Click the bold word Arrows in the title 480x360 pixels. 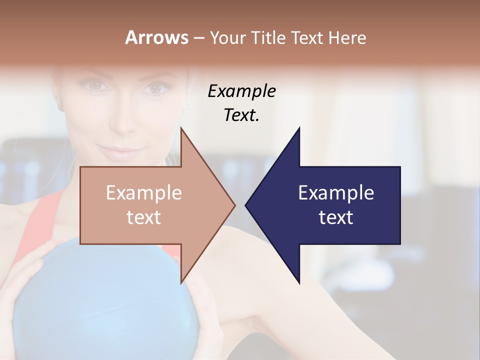(156, 37)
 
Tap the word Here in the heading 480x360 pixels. (346, 37)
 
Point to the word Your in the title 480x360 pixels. (227, 37)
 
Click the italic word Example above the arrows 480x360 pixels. (241, 91)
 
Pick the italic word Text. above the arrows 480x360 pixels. (241, 115)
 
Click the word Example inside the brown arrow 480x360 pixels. (144, 192)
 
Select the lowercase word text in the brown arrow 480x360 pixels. (144, 217)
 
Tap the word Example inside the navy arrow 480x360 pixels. (336, 192)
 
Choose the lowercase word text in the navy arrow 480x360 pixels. (336, 217)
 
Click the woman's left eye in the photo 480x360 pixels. (156, 88)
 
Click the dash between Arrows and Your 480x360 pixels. (198, 38)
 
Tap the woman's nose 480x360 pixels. (120, 120)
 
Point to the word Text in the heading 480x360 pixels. (307, 37)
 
